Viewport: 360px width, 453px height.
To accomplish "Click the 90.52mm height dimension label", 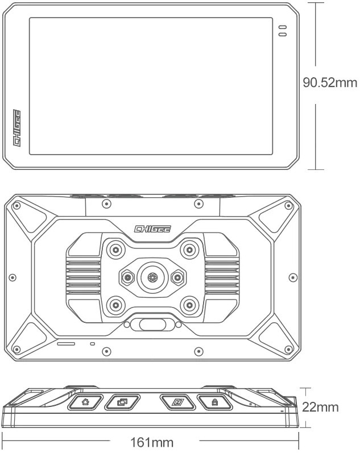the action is [330, 82].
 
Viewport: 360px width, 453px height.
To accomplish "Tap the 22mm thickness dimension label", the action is [320, 407].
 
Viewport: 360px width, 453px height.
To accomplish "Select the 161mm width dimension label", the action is [152, 442].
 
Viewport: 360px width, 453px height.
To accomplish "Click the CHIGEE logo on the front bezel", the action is [17, 128].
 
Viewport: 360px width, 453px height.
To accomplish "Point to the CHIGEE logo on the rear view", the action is [152, 229].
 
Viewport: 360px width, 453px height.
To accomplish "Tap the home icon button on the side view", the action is [85, 402].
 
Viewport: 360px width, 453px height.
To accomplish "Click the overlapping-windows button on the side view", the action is [122, 402].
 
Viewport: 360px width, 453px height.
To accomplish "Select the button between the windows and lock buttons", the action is [177, 402].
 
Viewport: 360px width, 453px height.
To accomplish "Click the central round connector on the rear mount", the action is [152, 277].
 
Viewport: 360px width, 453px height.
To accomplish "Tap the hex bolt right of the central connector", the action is [178, 278].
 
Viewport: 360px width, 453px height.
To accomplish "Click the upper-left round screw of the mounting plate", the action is [115, 250].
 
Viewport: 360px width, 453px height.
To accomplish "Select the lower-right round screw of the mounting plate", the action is [189, 305].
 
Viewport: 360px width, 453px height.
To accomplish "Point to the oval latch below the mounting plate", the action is [152, 325].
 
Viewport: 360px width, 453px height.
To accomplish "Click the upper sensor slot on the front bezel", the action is [283, 27].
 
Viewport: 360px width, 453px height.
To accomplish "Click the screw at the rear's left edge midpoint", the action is [12, 277].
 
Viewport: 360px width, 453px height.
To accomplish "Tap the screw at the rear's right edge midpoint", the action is [293, 277].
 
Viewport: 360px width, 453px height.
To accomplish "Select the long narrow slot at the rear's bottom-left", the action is [66, 344].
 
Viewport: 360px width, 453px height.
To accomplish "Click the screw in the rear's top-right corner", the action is [288, 206].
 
